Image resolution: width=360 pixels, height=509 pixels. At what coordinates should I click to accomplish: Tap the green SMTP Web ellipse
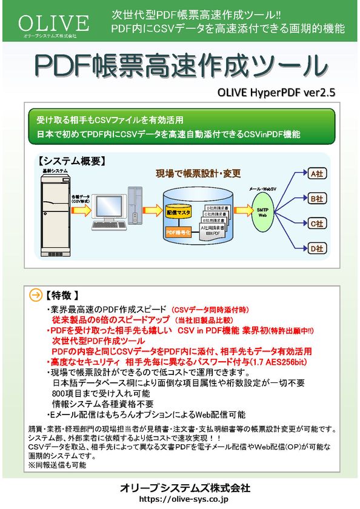(x=262, y=210)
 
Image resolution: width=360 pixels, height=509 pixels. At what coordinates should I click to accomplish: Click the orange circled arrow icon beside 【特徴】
(x=36, y=296)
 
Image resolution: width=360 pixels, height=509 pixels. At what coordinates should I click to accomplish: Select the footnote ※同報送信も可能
(x=58, y=465)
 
